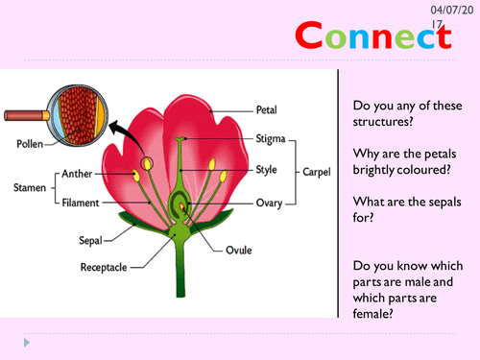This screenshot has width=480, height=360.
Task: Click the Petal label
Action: [267, 108]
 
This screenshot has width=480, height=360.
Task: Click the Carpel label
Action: [318, 171]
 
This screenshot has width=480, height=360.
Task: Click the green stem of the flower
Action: [180, 278]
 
